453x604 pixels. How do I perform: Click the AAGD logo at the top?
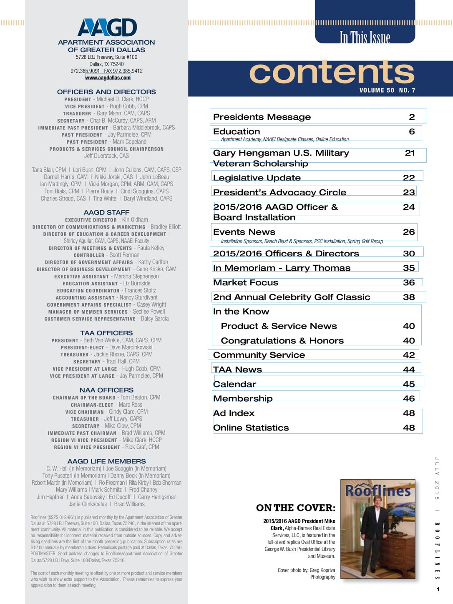pyautogui.click(x=107, y=28)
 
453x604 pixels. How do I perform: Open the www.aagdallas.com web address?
pyautogui.click(x=108, y=78)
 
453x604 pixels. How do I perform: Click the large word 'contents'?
pyautogui.click(x=332, y=72)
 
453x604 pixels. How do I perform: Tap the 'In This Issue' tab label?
pyautogui.click(x=365, y=37)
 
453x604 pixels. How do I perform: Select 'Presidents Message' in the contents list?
pyautogui.click(x=262, y=117)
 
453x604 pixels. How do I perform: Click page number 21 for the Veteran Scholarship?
pyautogui.click(x=410, y=153)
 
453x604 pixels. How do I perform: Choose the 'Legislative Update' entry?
pyautogui.click(x=257, y=178)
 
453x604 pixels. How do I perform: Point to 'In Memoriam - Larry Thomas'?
pyautogui.click(x=282, y=268)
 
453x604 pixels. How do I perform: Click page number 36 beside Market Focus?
pyautogui.click(x=409, y=282)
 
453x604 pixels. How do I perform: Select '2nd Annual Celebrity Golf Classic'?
pyautogui.click(x=292, y=297)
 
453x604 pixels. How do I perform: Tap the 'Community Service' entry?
pyautogui.click(x=259, y=355)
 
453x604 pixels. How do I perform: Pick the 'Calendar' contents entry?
pyautogui.click(x=234, y=384)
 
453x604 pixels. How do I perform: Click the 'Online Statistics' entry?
pyautogui.click(x=251, y=428)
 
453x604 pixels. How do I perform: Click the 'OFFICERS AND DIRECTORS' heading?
pyautogui.click(x=106, y=92)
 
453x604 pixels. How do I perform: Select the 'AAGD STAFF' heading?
pyautogui.click(x=106, y=212)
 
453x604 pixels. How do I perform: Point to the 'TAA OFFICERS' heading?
pyautogui.click(x=106, y=333)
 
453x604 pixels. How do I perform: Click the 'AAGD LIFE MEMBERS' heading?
pyautogui.click(x=106, y=461)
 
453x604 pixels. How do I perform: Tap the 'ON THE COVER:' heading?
pyautogui.click(x=295, y=508)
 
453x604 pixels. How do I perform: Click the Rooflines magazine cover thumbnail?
pyautogui.click(x=378, y=529)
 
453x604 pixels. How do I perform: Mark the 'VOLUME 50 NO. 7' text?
pyautogui.click(x=387, y=90)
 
